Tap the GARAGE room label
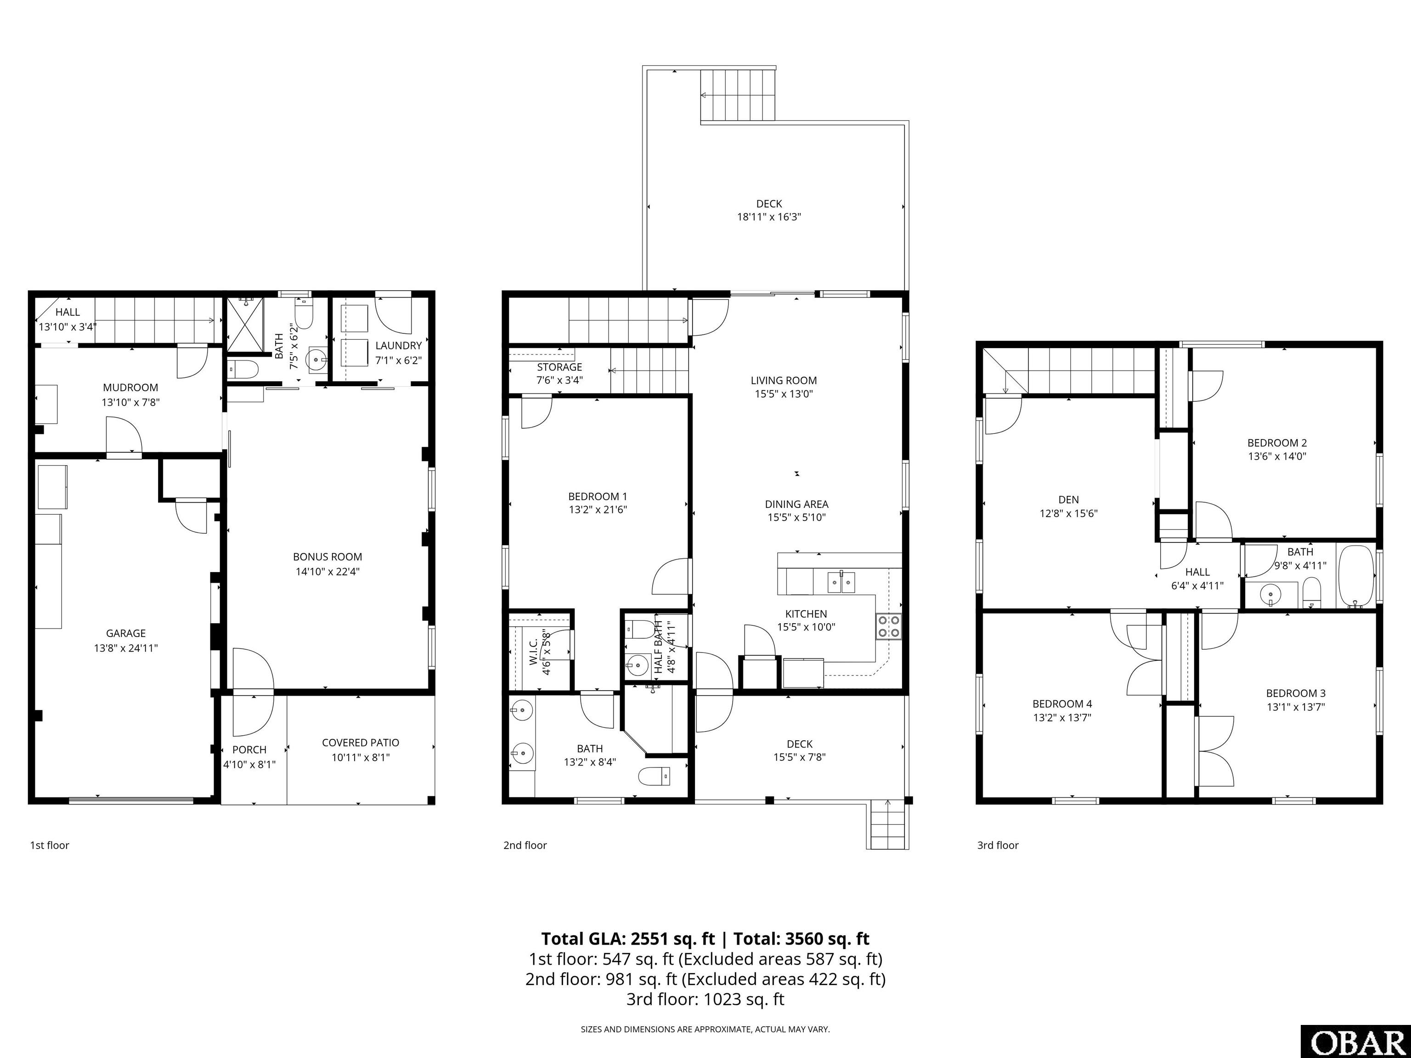tap(126, 633)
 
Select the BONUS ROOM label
tap(327, 557)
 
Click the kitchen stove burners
tap(889, 626)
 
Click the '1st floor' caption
tap(49, 845)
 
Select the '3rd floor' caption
tap(998, 845)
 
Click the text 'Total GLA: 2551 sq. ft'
tap(628, 939)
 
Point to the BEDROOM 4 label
tap(1062, 704)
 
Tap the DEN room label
tap(1068, 500)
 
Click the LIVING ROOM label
tap(783, 381)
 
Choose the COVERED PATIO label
tap(361, 743)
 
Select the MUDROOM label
tap(130, 388)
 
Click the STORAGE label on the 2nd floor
tap(559, 367)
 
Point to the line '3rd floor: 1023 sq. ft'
tap(705, 999)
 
